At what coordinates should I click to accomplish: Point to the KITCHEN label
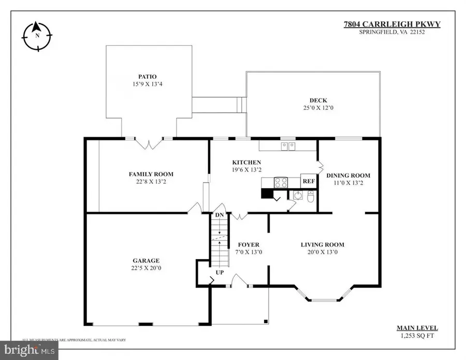pos(246,162)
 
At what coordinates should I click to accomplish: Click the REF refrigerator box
pos(309,182)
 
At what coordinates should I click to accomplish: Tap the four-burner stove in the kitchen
pos(281,182)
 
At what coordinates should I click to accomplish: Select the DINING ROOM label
pos(348,175)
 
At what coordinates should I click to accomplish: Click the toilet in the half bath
pos(311,196)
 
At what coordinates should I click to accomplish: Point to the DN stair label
pos(219,215)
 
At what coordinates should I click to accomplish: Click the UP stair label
pos(220,271)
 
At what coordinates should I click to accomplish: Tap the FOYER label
pos(249,244)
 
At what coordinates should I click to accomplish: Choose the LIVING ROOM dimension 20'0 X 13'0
pos(322,252)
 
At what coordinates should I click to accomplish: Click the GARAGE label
pos(145,261)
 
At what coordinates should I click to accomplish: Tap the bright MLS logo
pos(29,351)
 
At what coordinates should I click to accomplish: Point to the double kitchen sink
pos(288,146)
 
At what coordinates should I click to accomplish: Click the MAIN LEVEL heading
pos(417,328)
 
